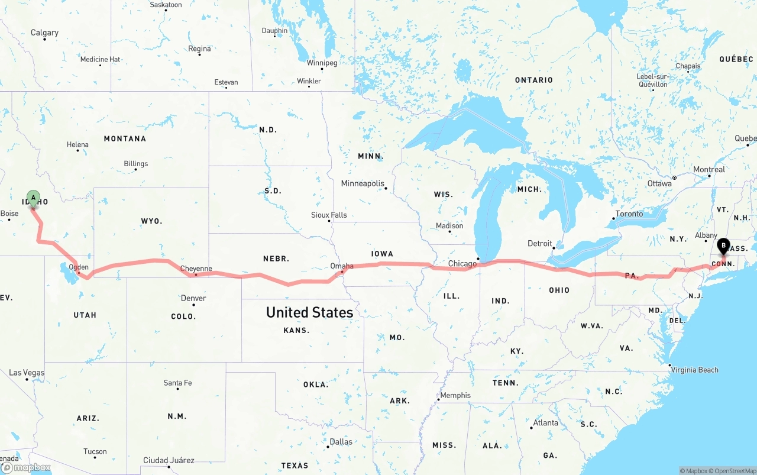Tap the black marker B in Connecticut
pos(723,245)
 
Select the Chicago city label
pos(462,264)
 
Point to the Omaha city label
pos(341,266)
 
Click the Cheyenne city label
pos(196,269)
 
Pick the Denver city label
pos(193,298)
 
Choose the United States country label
pos(309,312)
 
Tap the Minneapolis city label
pos(363,183)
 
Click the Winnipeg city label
pos(322,63)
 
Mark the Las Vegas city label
pos(27,373)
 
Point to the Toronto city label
pos(629,214)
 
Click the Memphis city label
pos(455,395)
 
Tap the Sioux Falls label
pos(329,215)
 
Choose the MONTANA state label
pos(125,138)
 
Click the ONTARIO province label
pos(533,80)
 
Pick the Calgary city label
pos(45,33)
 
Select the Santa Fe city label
pos(177,383)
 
